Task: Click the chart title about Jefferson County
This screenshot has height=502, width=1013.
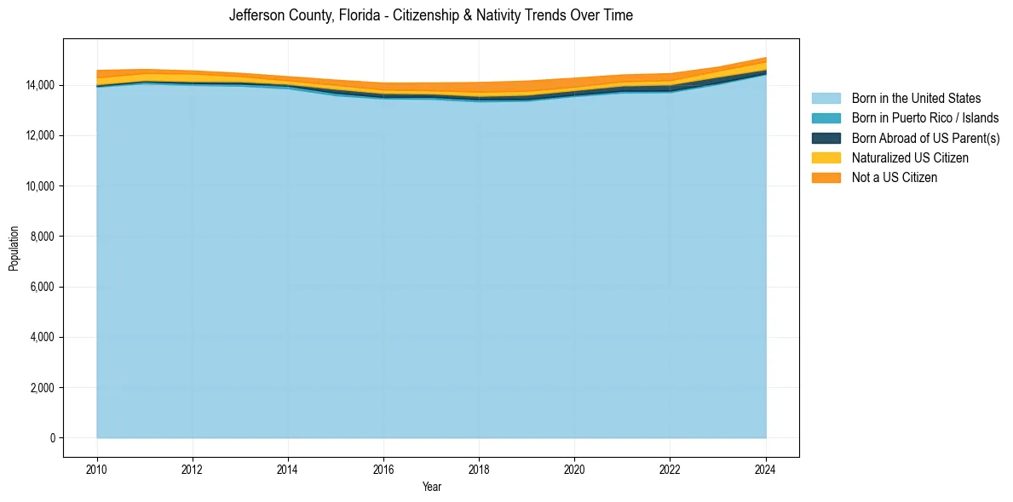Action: pos(430,15)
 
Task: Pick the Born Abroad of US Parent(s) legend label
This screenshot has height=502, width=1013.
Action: pos(925,138)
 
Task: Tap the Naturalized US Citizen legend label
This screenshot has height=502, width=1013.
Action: pos(910,157)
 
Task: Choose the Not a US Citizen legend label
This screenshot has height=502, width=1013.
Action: pos(895,177)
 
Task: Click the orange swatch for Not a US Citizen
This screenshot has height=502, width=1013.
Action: pos(826,177)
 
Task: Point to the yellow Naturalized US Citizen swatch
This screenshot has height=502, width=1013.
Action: pos(826,157)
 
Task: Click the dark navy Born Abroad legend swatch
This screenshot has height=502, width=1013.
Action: pos(826,138)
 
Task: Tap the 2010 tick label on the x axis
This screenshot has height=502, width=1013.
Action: pos(97,468)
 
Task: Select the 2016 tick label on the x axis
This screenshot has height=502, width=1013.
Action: pos(383,468)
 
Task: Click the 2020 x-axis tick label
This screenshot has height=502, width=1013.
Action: pos(575,468)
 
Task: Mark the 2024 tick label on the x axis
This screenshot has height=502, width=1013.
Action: pos(766,468)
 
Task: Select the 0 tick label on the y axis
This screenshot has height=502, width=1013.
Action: pos(52,438)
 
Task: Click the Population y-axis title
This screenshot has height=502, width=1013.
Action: pos(14,248)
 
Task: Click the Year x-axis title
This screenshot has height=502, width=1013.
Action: pos(431,487)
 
